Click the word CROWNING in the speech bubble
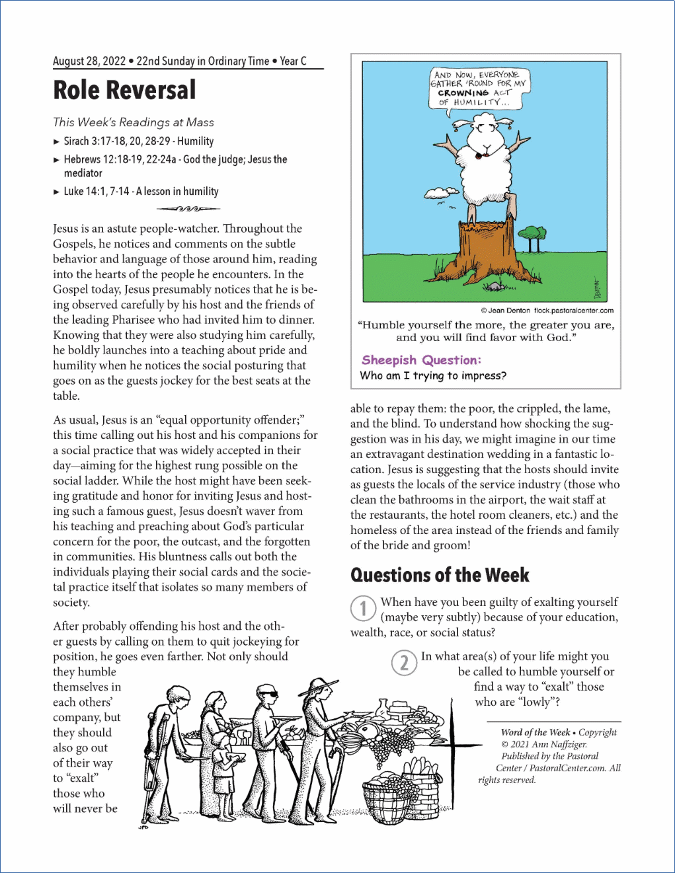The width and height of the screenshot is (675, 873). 463,93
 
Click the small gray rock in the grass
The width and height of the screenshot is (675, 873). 493,286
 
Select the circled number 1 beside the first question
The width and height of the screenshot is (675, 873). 363,608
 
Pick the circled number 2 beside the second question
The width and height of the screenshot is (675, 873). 404,662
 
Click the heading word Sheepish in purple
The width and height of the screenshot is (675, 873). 389,360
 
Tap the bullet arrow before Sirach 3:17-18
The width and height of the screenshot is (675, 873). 56,141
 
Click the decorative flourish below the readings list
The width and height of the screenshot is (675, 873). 188,209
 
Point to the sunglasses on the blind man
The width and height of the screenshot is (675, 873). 267,695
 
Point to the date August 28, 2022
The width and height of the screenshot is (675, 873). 89,61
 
